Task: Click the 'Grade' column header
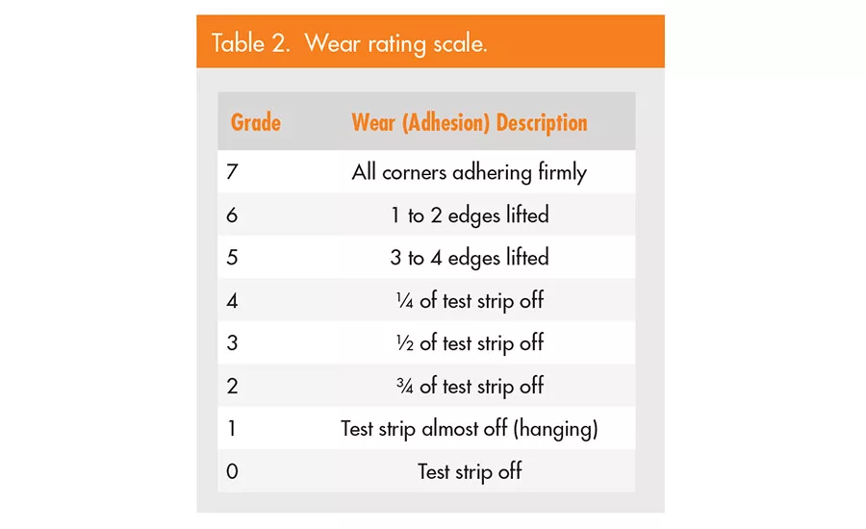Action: point(255,123)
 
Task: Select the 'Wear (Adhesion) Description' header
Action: point(469,123)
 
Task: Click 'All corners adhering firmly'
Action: point(469,173)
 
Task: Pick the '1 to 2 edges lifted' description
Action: point(469,215)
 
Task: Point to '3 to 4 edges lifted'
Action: point(469,258)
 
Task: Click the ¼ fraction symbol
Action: point(403,301)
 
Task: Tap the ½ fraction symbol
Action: point(403,343)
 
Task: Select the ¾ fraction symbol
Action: point(403,386)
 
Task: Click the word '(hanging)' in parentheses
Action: point(555,429)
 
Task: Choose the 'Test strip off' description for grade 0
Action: point(469,471)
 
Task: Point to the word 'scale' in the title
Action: point(459,44)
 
